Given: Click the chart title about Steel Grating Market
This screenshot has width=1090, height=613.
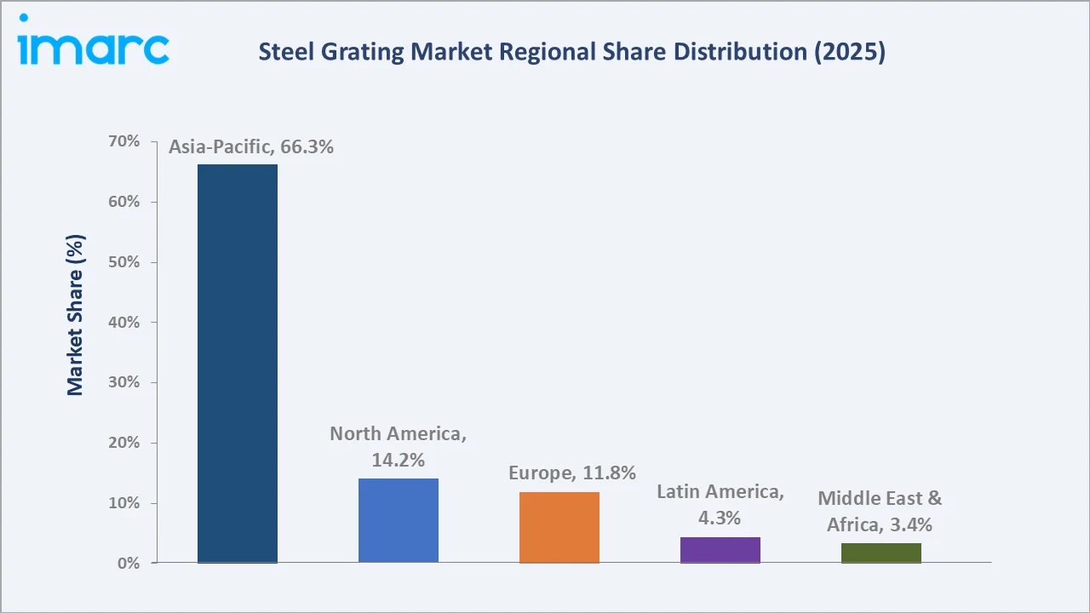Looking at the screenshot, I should [571, 53].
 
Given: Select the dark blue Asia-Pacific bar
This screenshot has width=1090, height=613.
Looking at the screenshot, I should [238, 364].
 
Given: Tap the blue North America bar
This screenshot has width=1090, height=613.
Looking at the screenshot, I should [399, 520].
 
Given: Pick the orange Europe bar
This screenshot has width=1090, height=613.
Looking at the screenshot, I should [559, 527].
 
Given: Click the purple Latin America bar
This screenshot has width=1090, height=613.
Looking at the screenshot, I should [720, 550].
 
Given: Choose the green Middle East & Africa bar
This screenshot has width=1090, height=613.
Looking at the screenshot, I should [881, 553].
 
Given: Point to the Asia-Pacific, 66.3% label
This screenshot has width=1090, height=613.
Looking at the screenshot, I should [251, 147].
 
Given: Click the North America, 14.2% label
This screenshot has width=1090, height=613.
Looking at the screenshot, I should [399, 447].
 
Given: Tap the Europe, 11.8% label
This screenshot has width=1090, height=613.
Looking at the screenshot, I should [572, 473].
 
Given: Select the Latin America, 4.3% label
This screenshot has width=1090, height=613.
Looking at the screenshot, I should [720, 504].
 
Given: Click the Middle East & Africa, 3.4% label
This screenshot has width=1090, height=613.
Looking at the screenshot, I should [880, 512].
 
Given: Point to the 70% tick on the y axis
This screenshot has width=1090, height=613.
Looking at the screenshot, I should [124, 141].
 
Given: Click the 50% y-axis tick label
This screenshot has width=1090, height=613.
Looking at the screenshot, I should [124, 262].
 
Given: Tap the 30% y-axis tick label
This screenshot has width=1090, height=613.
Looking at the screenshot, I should [124, 382].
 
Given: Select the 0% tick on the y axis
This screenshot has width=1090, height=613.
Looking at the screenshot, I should [128, 564].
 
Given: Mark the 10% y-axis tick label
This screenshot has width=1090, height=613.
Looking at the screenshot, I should [124, 503].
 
